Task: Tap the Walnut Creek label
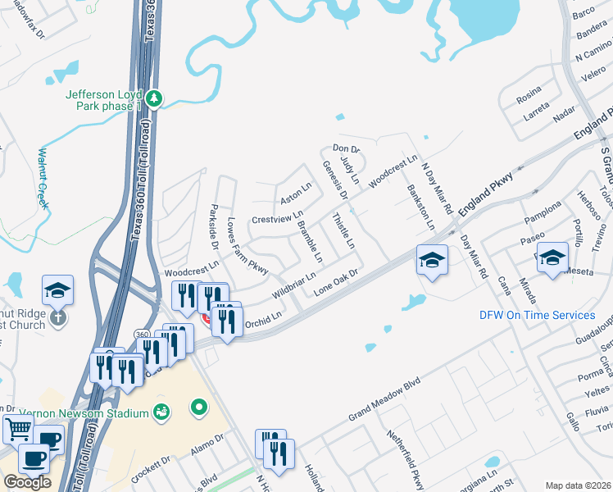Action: point(43,177)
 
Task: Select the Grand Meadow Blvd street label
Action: point(384,396)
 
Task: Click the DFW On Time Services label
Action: point(537,315)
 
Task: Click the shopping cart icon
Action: point(18,427)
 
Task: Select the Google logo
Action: point(26,482)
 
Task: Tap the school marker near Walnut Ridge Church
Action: point(57,289)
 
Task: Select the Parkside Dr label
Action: point(213,227)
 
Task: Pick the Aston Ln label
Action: point(296,194)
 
